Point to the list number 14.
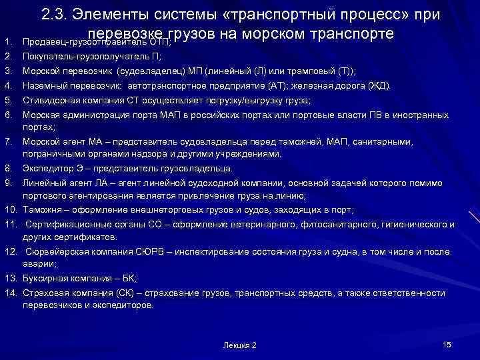coord(10,293)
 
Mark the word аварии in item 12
coord(38,264)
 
